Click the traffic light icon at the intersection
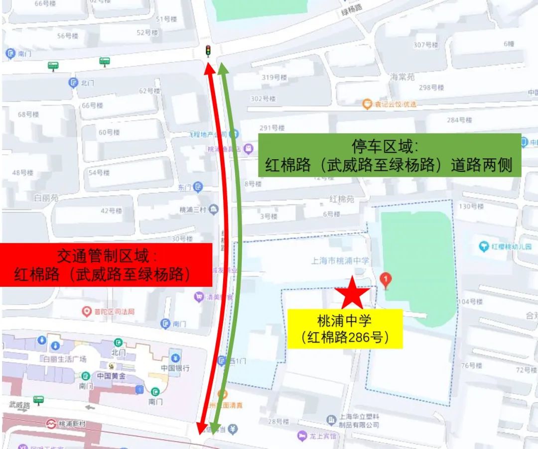click(x=208, y=50)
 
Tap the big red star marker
click(x=352, y=293)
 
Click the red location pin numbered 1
click(x=385, y=280)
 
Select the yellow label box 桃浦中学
click(x=345, y=328)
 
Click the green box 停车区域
click(x=389, y=155)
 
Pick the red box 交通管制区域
click(x=106, y=265)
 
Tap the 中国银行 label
click(x=175, y=368)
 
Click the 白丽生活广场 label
click(x=65, y=359)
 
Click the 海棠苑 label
click(x=403, y=77)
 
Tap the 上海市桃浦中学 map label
click(x=340, y=260)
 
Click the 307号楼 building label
click(x=426, y=45)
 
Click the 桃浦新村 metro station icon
click(x=51, y=424)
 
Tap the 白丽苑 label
click(x=47, y=198)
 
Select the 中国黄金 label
click(x=111, y=376)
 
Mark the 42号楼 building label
click(x=111, y=211)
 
